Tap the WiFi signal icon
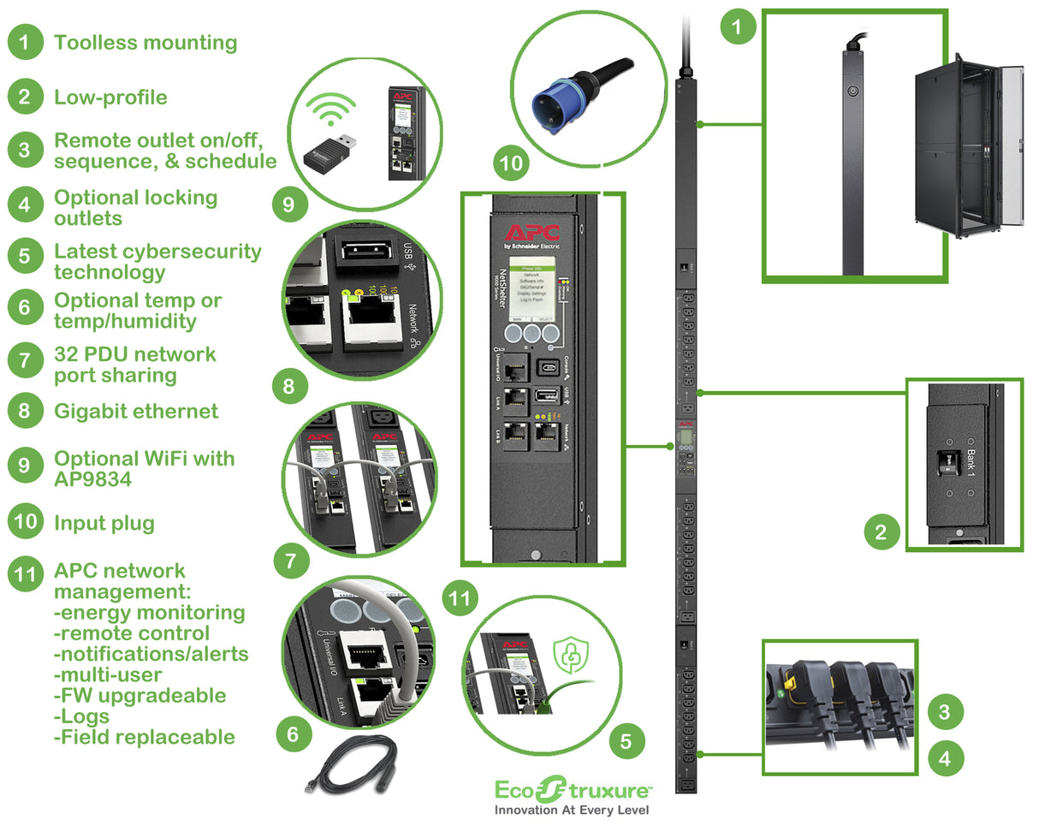point(331,110)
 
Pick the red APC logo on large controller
point(531,233)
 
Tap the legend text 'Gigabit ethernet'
point(136,411)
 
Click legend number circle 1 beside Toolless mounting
point(25,42)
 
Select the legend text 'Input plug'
point(104,522)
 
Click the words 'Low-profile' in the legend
point(110,97)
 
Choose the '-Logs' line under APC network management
point(82,715)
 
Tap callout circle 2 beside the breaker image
point(881,533)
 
